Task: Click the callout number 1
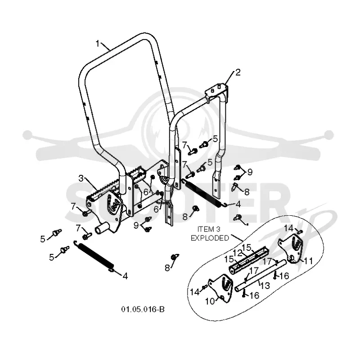[98, 44]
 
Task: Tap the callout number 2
[238, 72]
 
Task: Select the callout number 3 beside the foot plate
[81, 178]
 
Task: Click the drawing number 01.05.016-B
[143, 309]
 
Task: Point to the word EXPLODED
[210, 238]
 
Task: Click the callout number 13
[265, 285]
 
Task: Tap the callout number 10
[210, 301]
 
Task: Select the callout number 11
[308, 261]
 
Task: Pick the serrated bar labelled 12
[249, 259]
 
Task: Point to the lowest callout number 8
[167, 268]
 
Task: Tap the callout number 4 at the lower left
[125, 276]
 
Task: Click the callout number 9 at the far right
[250, 172]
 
